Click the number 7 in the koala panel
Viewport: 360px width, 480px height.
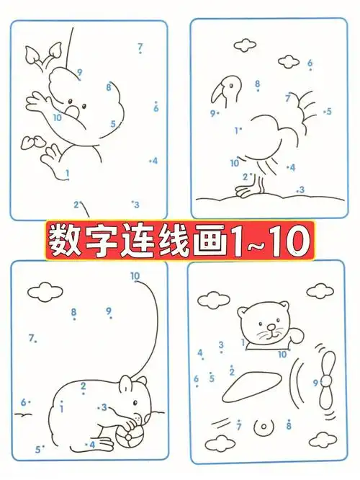[140, 48]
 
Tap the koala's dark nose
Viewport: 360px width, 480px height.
[73, 112]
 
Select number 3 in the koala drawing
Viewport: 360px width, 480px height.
[135, 205]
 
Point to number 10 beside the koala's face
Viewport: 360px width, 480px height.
[57, 117]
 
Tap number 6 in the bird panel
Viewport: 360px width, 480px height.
[310, 63]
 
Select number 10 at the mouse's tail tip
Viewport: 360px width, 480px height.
[135, 276]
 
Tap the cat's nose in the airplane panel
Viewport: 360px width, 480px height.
[269, 328]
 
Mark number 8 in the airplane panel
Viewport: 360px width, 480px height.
[289, 426]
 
